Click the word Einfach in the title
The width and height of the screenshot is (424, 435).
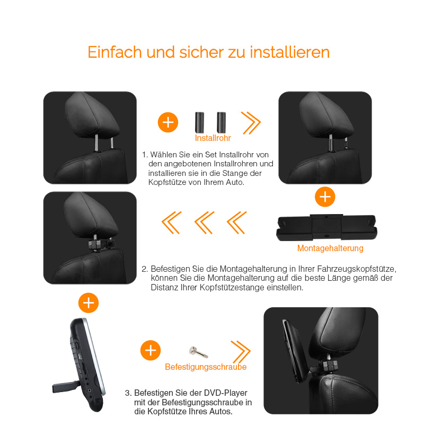coord(114,52)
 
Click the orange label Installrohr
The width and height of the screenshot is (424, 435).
coord(213,138)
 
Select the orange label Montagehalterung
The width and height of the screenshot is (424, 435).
coord(330,248)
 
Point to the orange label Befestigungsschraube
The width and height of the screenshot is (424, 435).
coord(206,367)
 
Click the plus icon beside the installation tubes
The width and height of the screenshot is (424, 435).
coord(168,122)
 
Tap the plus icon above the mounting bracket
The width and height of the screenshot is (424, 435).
coord(325,197)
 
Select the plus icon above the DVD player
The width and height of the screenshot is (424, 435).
coord(89,303)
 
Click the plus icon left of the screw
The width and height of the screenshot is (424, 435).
coord(151,350)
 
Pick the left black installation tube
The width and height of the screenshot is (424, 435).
coord(199,122)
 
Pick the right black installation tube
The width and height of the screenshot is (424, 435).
coord(221,122)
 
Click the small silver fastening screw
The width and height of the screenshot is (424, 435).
coord(198,352)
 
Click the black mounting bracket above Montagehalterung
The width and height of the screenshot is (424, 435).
coord(326,227)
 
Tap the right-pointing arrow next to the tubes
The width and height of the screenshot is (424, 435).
coord(251,123)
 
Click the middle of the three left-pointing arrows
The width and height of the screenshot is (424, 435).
coord(204,223)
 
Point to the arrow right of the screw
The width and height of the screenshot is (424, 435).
coord(241,352)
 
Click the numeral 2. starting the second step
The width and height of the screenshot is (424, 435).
coord(145,269)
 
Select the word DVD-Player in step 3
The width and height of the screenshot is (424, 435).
coord(225,393)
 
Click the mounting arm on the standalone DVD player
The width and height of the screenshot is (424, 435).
coord(64,387)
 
